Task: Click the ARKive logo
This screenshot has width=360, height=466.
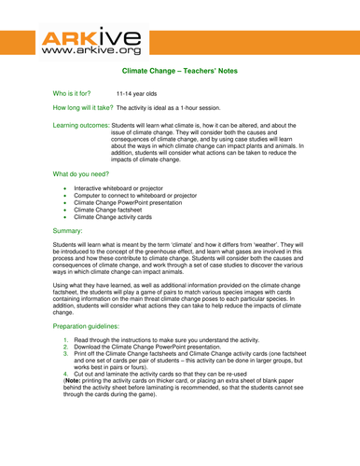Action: pos(92,43)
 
